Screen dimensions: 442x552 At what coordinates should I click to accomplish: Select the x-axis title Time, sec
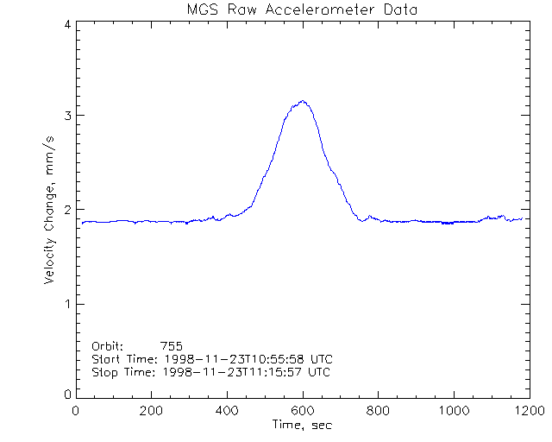tap(302, 425)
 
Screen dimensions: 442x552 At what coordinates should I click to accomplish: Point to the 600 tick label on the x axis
tap(303, 411)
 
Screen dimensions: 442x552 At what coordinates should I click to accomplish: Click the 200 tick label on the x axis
tap(152, 411)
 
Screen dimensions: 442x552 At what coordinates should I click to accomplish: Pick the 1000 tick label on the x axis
tap(453, 411)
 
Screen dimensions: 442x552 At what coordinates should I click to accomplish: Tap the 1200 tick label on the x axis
tap(527, 411)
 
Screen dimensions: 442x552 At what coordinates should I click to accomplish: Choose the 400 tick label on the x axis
tap(228, 411)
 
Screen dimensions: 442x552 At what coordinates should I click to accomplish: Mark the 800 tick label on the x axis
tap(378, 411)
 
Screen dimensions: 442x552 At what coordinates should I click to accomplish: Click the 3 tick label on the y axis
tap(67, 116)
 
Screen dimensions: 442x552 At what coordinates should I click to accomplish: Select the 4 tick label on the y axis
tap(67, 25)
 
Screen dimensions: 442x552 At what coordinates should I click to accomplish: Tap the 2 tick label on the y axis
tap(67, 210)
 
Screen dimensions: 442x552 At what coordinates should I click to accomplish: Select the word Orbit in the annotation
tap(107, 345)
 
